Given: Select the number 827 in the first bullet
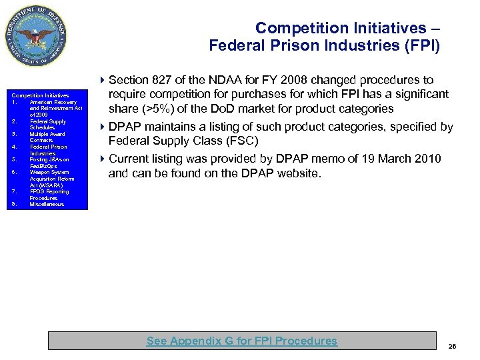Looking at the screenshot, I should coord(161,80).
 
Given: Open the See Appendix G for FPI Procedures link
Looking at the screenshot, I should coord(241,341).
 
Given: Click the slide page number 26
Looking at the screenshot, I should coord(453,346).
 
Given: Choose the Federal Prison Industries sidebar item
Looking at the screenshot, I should coord(48,150).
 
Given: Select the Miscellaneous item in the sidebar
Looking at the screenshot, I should coord(47,205).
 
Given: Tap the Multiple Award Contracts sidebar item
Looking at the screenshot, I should coord(47,137).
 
